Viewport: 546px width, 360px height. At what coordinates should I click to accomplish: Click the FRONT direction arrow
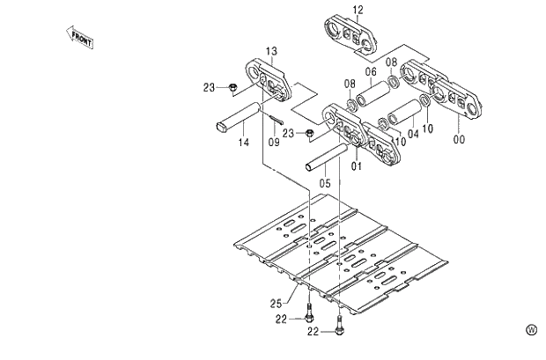click(x=80, y=37)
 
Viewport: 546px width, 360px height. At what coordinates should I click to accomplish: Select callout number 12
click(x=358, y=10)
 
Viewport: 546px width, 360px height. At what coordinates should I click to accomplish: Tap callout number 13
click(x=271, y=51)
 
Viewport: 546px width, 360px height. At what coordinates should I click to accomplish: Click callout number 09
click(x=274, y=141)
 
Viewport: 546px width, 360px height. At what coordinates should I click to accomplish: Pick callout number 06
click(x=371, y=71)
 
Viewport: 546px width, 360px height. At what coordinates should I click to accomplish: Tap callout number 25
click(x=276, y=304)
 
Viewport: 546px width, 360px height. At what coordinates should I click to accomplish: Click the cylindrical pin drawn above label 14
click(x=239, y=116)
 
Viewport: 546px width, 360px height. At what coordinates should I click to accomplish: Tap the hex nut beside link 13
click(x=231, y=86)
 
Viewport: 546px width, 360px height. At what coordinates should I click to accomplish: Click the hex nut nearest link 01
click(x=311, y=133)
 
